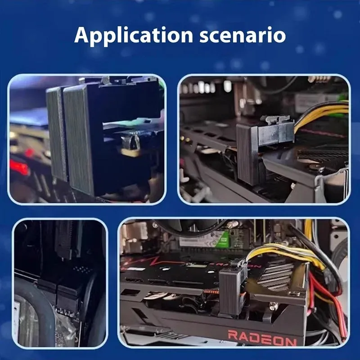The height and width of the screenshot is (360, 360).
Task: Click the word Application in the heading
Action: (134, 36)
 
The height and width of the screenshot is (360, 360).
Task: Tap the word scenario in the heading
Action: (243, 36)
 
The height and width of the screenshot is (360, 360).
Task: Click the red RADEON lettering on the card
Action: (262, 338)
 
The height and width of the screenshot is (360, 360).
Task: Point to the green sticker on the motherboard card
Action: (222, 240)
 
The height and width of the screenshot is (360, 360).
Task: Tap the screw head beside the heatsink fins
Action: (294, 293)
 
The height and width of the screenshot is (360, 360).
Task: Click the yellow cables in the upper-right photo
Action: (321, 115)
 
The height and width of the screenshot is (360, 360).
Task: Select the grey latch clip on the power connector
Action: (277, 119)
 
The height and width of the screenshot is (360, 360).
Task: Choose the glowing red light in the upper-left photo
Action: (19, 166)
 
